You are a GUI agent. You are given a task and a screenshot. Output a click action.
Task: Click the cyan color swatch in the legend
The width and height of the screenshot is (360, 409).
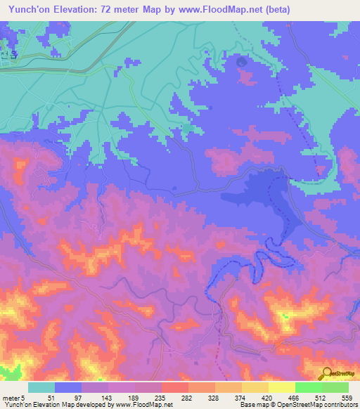click(x=41, y=387)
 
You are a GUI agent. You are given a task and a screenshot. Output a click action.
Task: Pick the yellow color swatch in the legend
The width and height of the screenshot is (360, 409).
click(x=255, y=387)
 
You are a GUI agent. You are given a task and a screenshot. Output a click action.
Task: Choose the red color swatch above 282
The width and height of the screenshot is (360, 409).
click(x=175, y=387)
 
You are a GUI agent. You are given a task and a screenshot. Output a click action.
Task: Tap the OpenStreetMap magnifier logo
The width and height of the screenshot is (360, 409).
click(x=326, y=373)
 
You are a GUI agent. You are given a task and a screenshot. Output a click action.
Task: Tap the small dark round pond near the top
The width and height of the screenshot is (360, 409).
click(x=243, y=62)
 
